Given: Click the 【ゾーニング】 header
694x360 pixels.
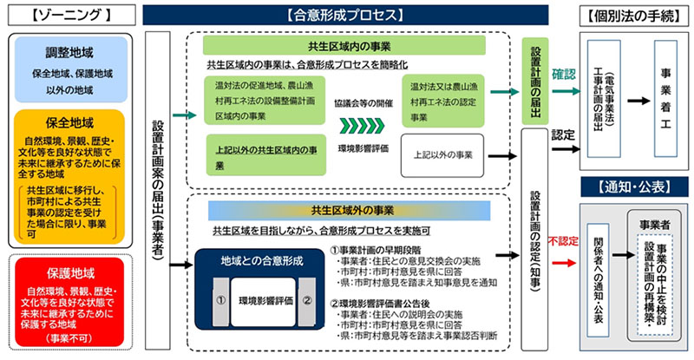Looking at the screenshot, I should tap(60, 14).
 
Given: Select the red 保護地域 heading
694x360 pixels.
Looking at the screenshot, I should tap(70, 269).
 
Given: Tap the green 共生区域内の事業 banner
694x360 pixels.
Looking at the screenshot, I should tap(356, 45).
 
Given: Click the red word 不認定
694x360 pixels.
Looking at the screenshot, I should tap(565, 238).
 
